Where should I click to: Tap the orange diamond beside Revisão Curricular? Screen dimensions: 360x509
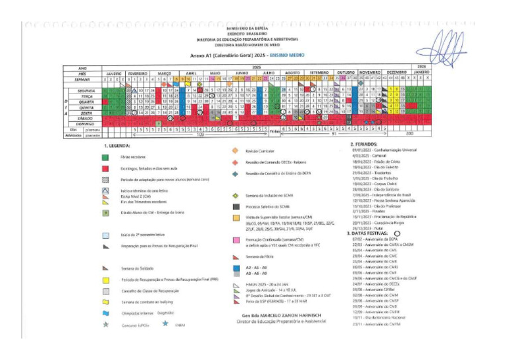tap(235, 150)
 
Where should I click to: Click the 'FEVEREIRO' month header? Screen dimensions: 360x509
tap(137, 73)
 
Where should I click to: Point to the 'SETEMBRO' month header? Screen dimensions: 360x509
tap(320, 73)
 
